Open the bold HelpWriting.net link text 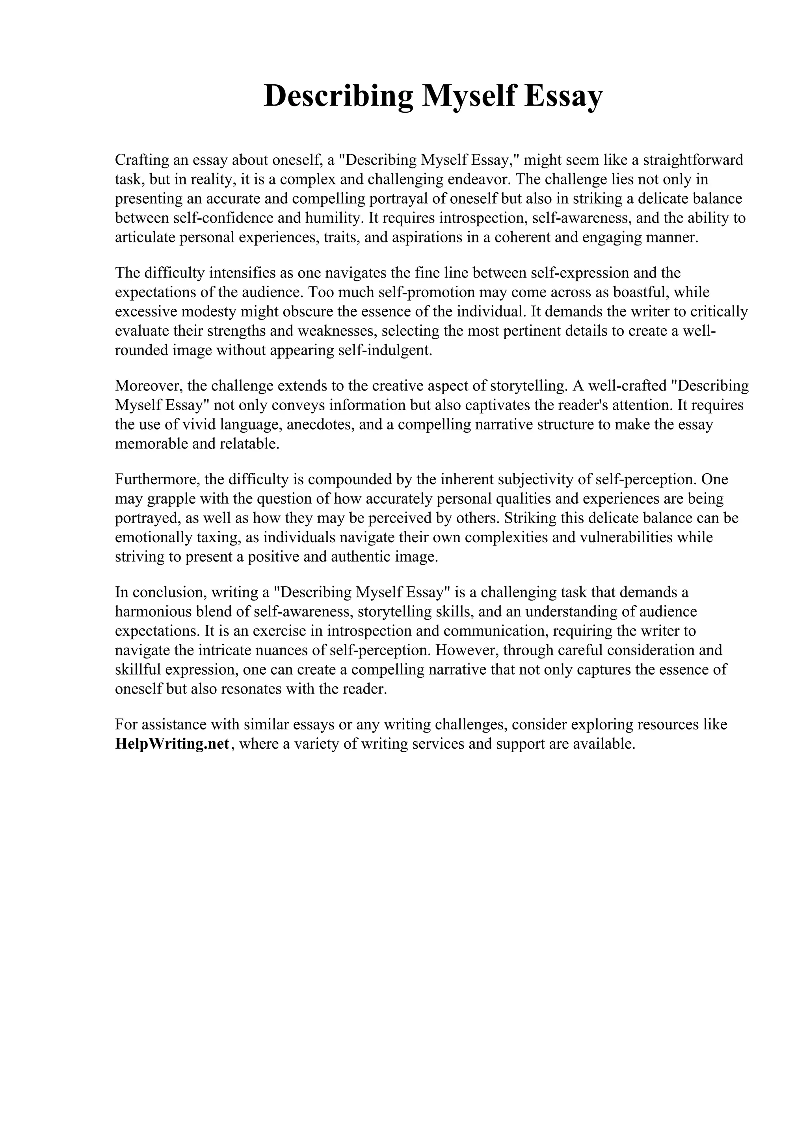(x=172, y=744)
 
